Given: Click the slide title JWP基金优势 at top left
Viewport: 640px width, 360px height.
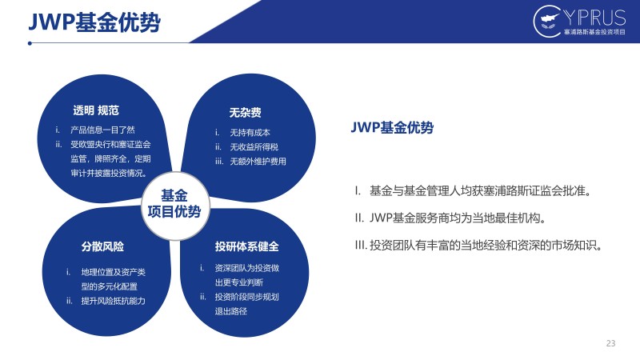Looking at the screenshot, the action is pyautogui.click(x=94, y=22).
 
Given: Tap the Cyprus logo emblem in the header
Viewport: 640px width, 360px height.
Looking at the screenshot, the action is pyautogui.click(x=547, y=21).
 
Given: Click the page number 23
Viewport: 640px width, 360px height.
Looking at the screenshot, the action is pyautogui.click(x=610, y=343).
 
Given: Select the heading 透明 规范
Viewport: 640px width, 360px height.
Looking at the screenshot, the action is pyautogui.click(x=96, y=110).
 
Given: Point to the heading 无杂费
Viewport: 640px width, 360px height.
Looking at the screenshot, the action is pyautogui.click(x=245, y=113).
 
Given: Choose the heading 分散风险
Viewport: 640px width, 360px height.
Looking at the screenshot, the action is pyautogui.click(x=102, y=246).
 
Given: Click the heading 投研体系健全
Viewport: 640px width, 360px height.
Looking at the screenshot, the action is pyautogui.click(x=247, y=246).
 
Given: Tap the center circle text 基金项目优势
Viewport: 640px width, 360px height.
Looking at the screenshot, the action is pyautogui.click(x=174, y=204).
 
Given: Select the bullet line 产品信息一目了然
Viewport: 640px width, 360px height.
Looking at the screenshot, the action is pyautogui.click(x=102, y=130).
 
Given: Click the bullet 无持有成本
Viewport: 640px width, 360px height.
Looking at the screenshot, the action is pyautogui.click(x=250, y=133).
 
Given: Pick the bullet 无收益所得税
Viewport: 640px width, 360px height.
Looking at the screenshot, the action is pyautogui.click(x=254, y=147).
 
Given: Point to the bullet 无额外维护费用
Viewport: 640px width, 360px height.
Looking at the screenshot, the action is pyautogui.click(x=258, y=162).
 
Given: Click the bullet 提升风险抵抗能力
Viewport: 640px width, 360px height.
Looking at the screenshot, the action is pyautogui.click(x=113, y=301).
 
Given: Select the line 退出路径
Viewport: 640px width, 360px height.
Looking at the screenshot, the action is pyautogui.click(x=231, y=311).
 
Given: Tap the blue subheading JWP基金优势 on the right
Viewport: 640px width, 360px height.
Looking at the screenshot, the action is pyautogui.click(x=392, y=128).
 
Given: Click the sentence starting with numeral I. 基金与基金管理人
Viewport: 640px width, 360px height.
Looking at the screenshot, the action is pyautogui.click(x=473, y=190).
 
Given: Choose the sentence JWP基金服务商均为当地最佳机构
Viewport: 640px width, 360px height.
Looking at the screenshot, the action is pyautogui.click(x=450, y=218).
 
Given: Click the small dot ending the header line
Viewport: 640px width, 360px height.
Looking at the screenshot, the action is pyautogui.click(x=30, y=43).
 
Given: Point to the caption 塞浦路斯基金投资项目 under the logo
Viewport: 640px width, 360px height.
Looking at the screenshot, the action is pyautogui.click(x=594, y=32).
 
